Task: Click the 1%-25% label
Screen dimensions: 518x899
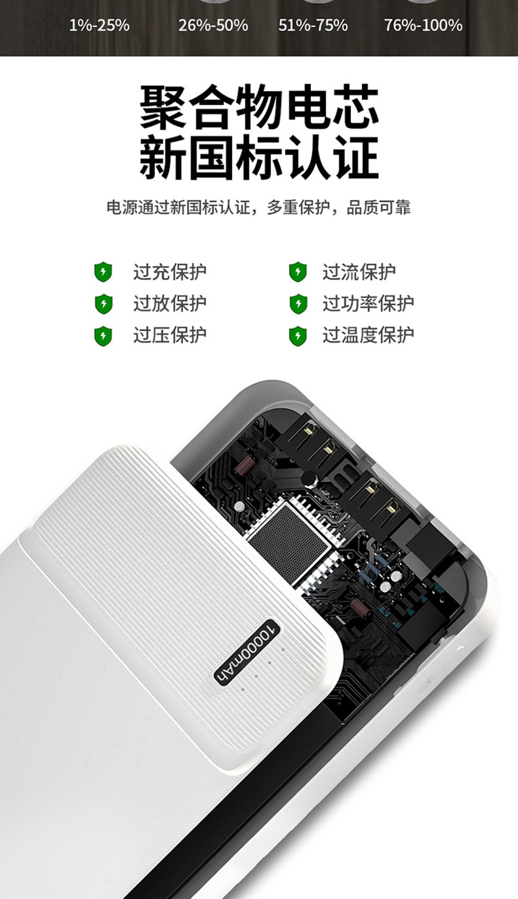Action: coord(99,26)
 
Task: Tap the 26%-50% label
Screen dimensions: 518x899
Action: coord(213,26)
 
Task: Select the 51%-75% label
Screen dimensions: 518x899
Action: coord(313,26)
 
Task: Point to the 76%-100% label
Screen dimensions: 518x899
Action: coord(423,26)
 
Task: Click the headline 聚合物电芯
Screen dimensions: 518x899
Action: coord(259,106)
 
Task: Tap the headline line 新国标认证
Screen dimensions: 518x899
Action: coord(259,157)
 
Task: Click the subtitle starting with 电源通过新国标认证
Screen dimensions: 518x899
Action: coord(258,207)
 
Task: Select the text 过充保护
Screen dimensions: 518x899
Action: coord(170,272)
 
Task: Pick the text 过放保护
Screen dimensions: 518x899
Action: coord(170,303)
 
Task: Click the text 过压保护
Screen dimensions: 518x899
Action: coord(170,335)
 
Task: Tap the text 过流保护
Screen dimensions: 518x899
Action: coord(359,272)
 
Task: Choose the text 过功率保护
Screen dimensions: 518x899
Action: coord(369,303)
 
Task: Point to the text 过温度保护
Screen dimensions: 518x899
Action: coord(369,335)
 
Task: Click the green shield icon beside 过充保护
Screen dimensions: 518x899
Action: coord(103,272)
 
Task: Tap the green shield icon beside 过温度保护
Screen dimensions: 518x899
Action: coord(298,336)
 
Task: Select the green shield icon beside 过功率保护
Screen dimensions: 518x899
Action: coord(298,304)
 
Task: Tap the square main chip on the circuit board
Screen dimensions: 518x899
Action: coord(289,543)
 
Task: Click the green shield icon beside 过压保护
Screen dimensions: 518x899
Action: coord(103,336)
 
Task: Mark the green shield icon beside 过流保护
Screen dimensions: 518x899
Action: coord(298,272)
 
